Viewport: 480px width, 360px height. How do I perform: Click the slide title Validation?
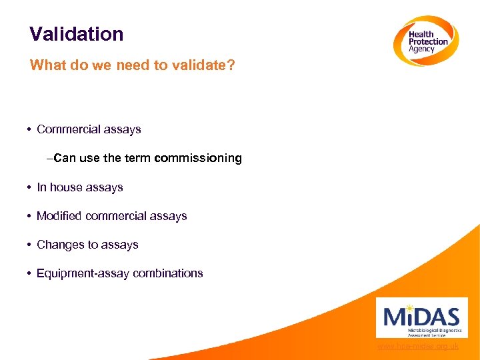click(77, 34)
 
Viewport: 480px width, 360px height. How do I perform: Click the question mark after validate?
click(231, 65)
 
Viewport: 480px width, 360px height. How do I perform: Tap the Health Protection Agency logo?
click(425, 41)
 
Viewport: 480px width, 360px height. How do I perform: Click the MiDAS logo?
click(421, 317)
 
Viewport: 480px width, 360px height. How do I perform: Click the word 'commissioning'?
click(198, 159)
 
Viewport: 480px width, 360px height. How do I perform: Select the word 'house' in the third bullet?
click(67, 187)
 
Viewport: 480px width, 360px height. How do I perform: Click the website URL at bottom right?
click(417, 347)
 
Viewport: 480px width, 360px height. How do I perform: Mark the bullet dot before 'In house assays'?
click(31, 187)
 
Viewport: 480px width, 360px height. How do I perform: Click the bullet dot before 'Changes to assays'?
click(31, 245)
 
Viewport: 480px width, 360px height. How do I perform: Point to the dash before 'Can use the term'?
click(50, 159)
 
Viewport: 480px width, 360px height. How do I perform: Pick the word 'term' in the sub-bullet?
click(138, 159)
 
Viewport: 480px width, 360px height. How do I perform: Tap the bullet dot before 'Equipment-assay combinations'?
click(31, 273)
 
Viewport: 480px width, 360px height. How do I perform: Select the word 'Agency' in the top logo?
click(422, 49)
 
